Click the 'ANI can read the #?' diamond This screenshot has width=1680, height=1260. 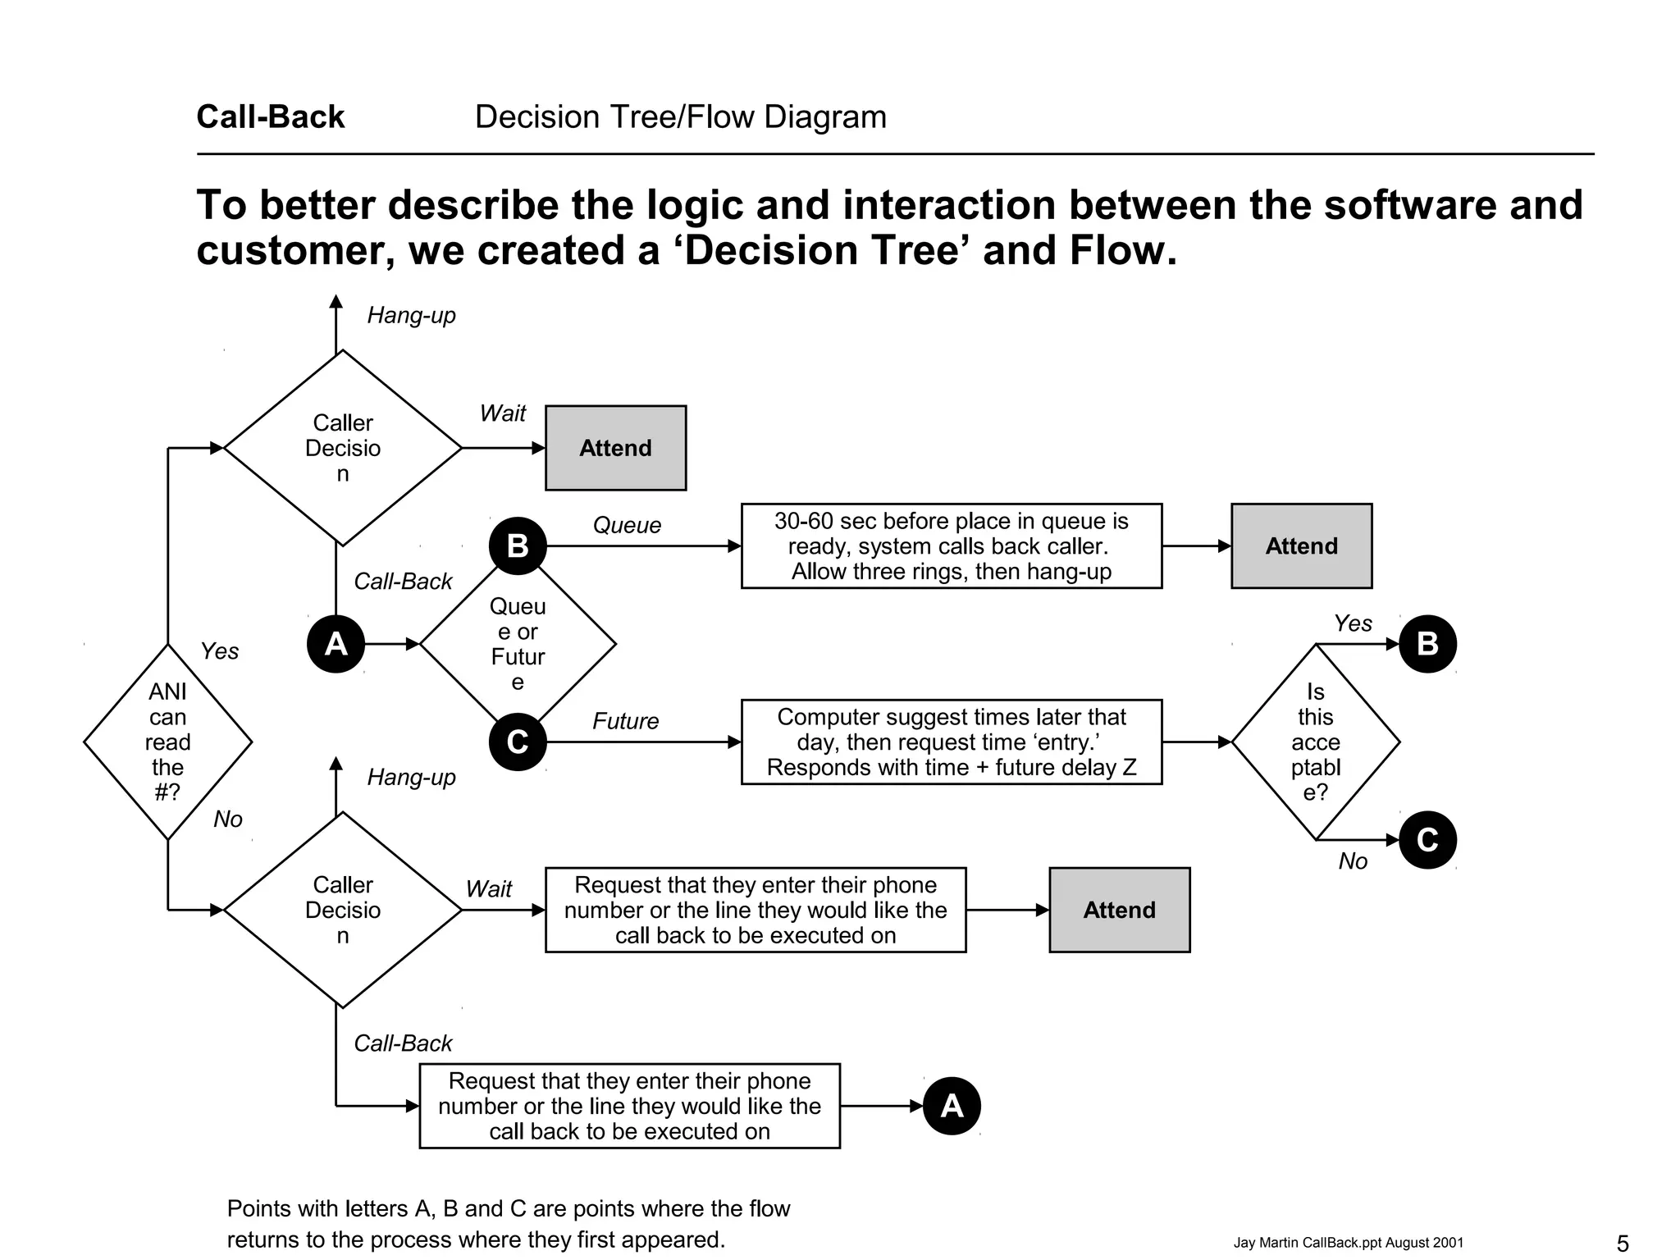point(167,742)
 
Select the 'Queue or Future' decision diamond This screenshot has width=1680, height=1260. point(518,644)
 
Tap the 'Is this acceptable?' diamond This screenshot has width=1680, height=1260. point(1315,742)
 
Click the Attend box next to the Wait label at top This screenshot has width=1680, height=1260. point(615,448)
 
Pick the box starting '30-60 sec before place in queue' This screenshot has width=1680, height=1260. point(951,546)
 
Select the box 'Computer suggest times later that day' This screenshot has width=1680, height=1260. point(951,742)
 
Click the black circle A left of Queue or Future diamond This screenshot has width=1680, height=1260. point(336,644)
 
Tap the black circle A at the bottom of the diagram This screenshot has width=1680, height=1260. point(952,1106)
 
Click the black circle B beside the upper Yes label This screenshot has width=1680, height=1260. point(1427,644)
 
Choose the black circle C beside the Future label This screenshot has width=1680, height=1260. point(518,742)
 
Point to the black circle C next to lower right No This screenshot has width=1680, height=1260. point(1427,840)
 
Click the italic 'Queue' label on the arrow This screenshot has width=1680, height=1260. point(627,525)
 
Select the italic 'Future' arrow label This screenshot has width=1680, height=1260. point(625,721)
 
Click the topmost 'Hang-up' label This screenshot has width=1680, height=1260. point(411,315)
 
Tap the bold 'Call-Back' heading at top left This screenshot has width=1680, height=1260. point(271,116)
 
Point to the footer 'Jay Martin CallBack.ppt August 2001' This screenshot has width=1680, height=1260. point(1348,1243)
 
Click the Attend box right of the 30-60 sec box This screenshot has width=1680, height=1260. point(1301,546)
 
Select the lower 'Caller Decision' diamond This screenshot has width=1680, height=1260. point(343,910)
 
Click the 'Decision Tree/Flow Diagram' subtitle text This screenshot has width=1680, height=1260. point(680,116)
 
